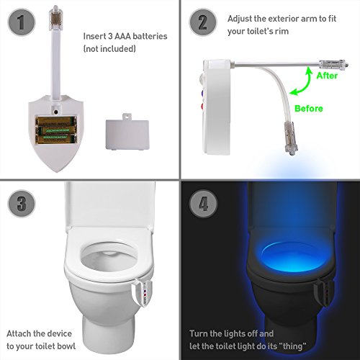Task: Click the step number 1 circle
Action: [x=22, y=22]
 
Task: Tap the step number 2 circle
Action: [x=203, y=22]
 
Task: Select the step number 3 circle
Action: [x=22, y=204]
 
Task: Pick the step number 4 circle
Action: [x=204, y=204]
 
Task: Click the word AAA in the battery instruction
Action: [x=122, y=36]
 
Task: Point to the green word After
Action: [x=327, y=76]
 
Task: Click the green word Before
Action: [x=309, y=109]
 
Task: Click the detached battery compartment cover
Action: [x=127, y=132]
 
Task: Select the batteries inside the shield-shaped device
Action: [x=56, y=130]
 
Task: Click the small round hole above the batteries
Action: [x=56, y=112]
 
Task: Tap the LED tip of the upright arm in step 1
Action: [x=55, y=17]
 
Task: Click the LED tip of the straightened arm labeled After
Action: [x=333, y=64]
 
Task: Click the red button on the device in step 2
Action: [x=202, y=106]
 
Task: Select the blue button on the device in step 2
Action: [x=203, y=94]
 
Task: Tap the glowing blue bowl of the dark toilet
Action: [x=291, y=256]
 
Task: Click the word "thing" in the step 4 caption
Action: [x=292, y=346]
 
